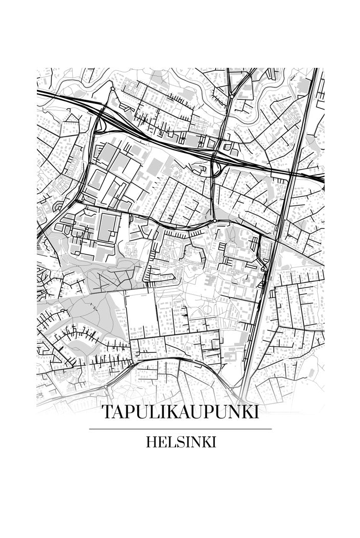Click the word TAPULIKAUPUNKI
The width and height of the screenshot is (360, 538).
180,412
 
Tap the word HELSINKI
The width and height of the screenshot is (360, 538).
180,442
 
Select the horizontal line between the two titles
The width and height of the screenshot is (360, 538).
180,429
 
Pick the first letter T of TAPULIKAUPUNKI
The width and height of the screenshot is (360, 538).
106,412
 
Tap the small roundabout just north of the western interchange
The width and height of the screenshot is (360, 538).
112,89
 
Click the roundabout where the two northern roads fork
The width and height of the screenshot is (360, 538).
231,96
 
